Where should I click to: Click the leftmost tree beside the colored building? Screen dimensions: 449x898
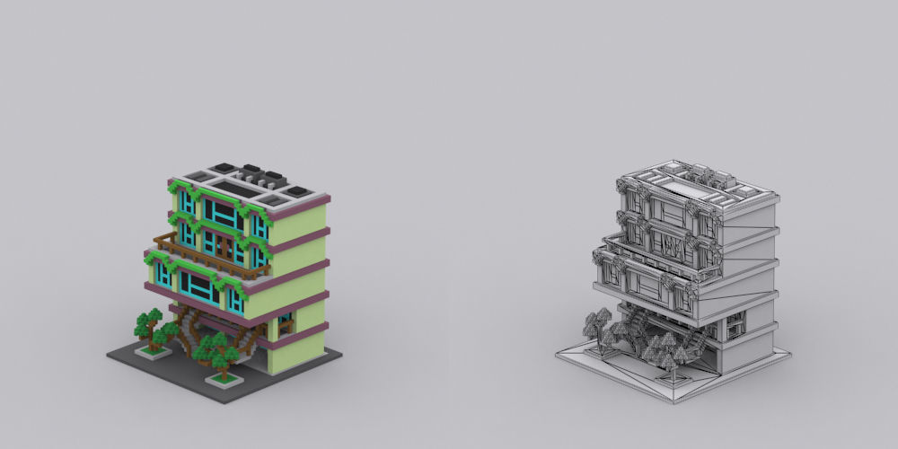click(x=147, y=324)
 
